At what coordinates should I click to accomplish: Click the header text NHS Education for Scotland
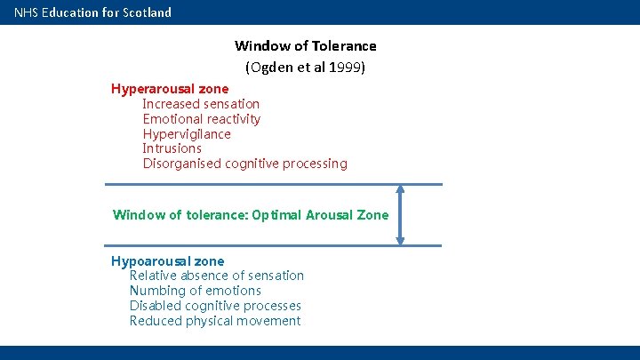click(92, 12)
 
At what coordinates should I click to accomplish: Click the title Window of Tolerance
click(305, 45)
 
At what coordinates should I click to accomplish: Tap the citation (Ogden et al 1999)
click(305, 67)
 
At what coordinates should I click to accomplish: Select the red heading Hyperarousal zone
click(169, 89)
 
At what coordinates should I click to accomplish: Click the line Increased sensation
click(201, 104)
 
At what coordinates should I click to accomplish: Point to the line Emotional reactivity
click(201, 119)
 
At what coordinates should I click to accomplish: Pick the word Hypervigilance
click(187, 134)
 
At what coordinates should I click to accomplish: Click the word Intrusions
click(172, 148)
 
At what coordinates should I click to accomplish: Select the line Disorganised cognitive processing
click(244, 164)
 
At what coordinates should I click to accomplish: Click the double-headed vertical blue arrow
click(400, 214)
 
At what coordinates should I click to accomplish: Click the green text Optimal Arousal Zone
click(320, 215)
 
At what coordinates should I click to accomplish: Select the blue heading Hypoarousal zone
click(167, 261)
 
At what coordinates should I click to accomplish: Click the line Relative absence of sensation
click(216, 276)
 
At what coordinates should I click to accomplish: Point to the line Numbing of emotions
click(195, 291)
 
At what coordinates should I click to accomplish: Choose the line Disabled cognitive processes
click(215, 306)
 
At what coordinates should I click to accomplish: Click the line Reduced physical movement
click(214, 321)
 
